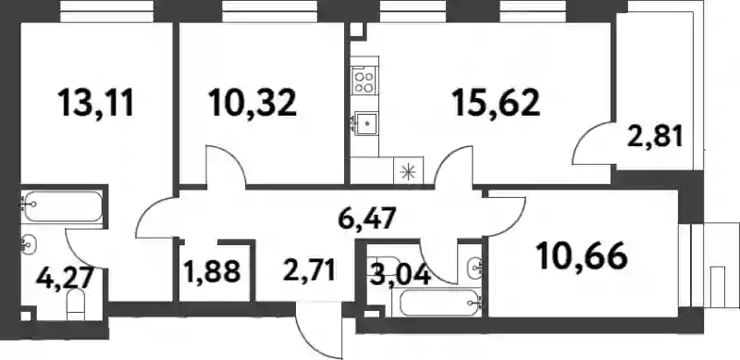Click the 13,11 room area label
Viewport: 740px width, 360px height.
pyautogui.click(x=96, y=104)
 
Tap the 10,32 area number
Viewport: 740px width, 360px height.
pyautogui.click(x=253, y=104)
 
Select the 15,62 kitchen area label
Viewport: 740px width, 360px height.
pyautogui.click(x=496, y=104)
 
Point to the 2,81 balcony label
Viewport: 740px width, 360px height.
pyautogui.click(x=655, y=138)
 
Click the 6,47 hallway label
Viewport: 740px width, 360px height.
pyautogui.click(x=366, y=219)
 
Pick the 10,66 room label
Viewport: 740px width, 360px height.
pyautogui.click(x=582, y=256)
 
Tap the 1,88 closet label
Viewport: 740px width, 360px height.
pyautogui.click(x=213, y=272)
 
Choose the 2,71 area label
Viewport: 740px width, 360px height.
pyautogui.click(x=309, y=271)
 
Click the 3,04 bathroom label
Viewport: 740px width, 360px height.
pyautogui.click(x=401, y=275)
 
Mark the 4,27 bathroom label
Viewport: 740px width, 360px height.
pyautogui.click(x=63, y=279)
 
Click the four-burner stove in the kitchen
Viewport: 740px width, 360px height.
pyautogui.click(x=364, y=81)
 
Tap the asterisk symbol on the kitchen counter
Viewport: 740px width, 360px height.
pyautogui.click(x=408, y=171)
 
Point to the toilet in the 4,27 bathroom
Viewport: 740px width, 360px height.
pyautogui.click(x=76, y=304)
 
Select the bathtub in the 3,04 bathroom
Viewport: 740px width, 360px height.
pyautogui.click(x=439, y=303)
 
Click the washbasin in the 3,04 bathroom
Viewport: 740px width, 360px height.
pyautogui.click(x=475, y=267)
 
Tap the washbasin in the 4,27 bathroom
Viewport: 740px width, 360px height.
pyautogui.click(x=30, y=244)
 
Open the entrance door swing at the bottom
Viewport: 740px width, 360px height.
pyautogui.click(x=317, y=330)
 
